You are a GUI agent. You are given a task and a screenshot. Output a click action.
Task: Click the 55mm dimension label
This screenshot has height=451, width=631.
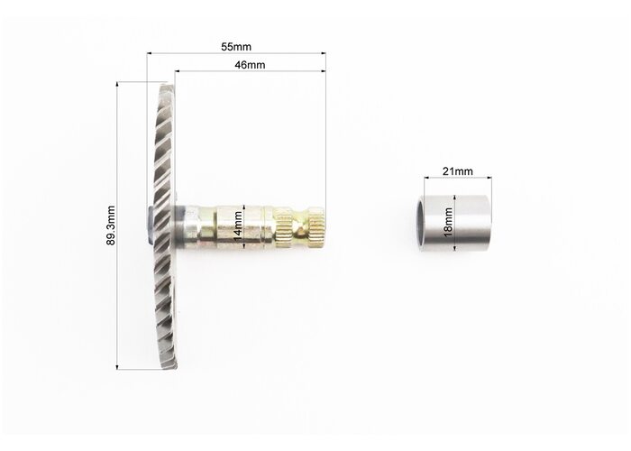(x=236, y=47)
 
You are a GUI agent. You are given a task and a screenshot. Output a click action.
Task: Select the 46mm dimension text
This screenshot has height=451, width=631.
(x=250, y=64)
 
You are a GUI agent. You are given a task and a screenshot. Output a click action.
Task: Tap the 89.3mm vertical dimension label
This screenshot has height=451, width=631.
(x=111, y=225)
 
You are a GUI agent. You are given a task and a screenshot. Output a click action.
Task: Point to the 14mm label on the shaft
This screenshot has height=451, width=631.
(x=238, y=226)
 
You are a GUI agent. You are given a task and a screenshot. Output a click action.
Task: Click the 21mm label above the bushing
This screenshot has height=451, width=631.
(x=458, y=171)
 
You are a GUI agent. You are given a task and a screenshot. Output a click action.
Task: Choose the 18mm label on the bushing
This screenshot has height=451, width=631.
(x=447, y=222)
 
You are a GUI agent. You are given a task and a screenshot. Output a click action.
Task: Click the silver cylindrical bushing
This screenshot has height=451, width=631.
(x=453, y=224)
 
